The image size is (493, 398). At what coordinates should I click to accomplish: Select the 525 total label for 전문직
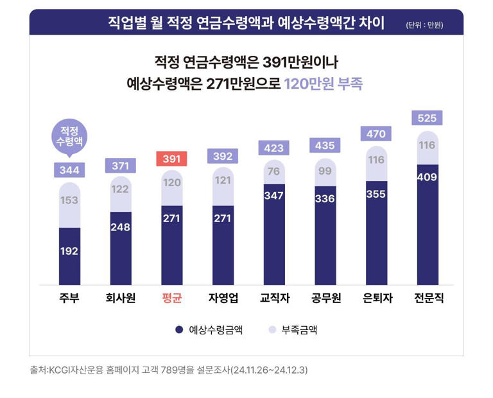point(427,118)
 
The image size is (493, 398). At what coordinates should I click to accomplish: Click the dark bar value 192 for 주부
point(69,251)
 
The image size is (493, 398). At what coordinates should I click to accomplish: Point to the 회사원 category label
point(120,298)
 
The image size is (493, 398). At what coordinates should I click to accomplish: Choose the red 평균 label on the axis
point(171,298)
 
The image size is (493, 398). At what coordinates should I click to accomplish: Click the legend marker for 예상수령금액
point(179,330)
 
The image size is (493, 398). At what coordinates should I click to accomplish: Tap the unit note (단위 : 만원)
point(424,26)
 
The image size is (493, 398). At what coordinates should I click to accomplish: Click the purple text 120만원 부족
point(324,84)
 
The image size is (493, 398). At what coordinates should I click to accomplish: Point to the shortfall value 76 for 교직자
point(273,170)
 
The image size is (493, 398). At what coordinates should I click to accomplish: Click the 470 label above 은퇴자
point(376,134)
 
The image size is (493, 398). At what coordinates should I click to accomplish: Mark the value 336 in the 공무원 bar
point(325,198)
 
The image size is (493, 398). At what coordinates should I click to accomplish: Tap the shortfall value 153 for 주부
point(69,200)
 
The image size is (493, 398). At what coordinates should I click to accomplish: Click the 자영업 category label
point(223,298)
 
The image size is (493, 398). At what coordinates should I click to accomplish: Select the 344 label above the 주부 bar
point(69,170)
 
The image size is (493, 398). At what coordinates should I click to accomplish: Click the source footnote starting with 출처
point(169,370)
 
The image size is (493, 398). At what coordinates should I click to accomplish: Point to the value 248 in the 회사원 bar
point(120,227)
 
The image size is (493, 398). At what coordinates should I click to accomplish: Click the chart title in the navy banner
point(246,24)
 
